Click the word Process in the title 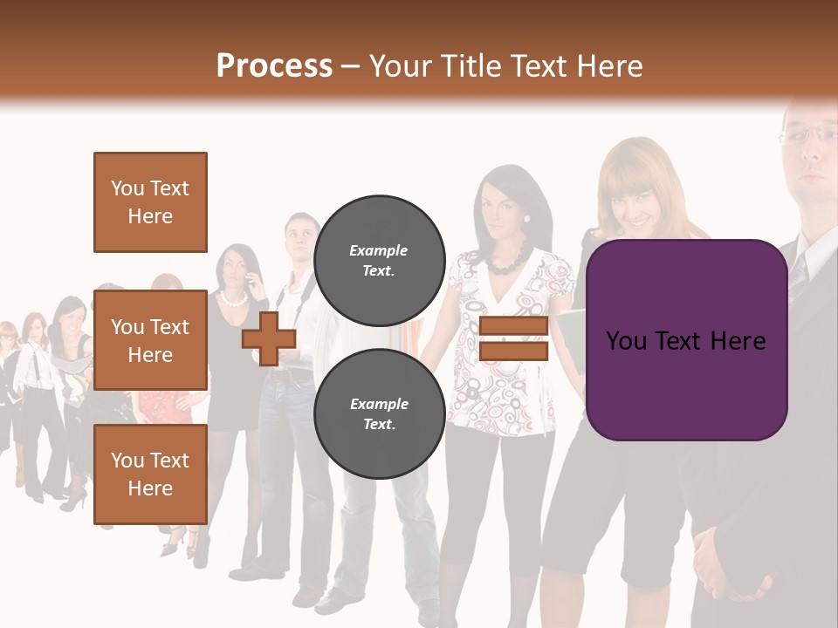pos(274,66)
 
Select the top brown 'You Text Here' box pos(150,202)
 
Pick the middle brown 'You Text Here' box pos(150,340)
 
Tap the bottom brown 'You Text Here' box pos(150,474)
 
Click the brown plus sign pos(269,338)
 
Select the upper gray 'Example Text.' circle pos(379,260)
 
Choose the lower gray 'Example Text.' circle pos(379,413)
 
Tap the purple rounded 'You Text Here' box pos(686,340)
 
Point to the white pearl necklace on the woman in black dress pos(233,298)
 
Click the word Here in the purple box pos(738,340)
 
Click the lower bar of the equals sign pos(513,352)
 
